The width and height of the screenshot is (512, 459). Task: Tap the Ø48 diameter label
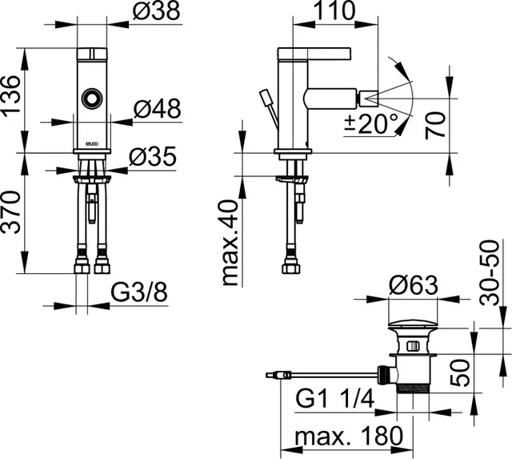157,108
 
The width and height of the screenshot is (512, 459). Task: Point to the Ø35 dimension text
153,156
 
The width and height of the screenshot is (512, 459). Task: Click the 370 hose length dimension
12,211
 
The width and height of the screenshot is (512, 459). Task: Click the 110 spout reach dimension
334,10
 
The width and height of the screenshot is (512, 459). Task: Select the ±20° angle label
371,123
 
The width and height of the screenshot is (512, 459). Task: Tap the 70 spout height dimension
435,126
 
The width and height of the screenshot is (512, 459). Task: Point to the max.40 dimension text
230,243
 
